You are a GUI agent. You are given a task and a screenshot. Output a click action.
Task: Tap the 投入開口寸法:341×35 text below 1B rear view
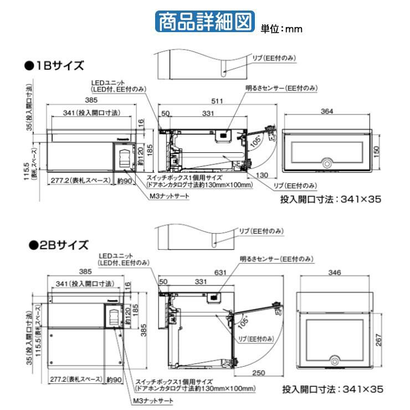(330, 199)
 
